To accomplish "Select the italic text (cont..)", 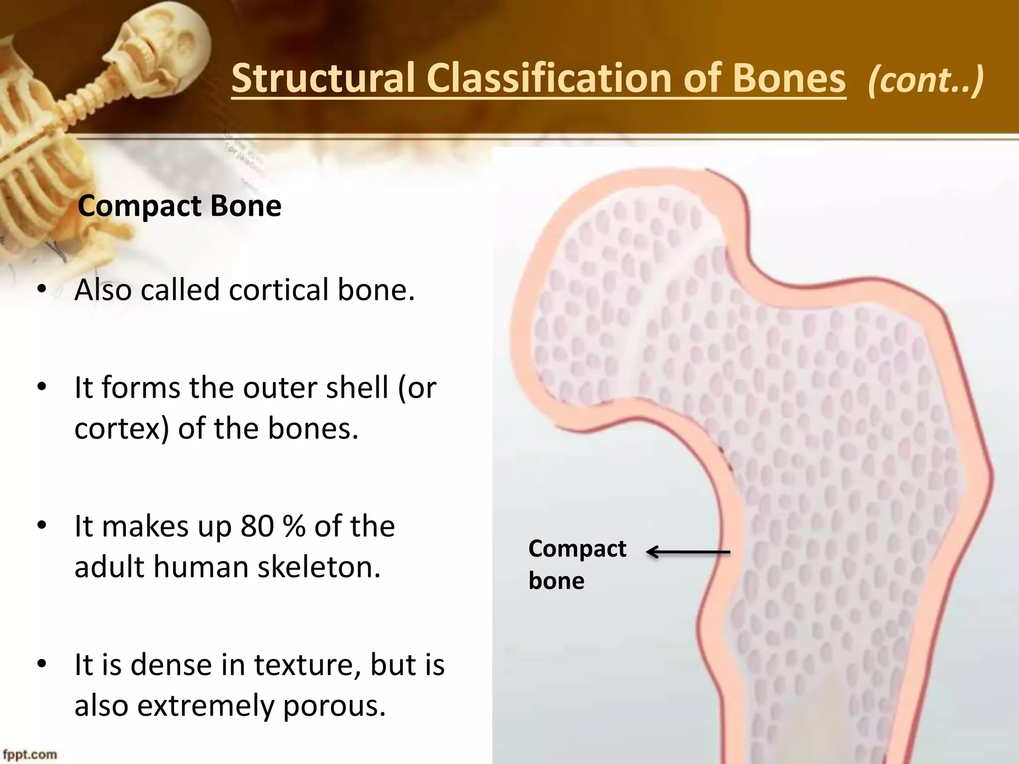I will pyautogui.click(x=925, y=80).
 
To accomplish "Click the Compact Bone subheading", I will pyautogui.click(x=180, y=205).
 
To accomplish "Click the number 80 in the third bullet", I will pyautogui.click(x=257, y=526).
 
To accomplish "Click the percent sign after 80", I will pyautogui.click(x=294, y=526).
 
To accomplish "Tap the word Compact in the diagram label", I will pyautogui.click(x=577, y=549).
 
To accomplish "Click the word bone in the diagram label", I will pyautogui.click(x=556, y=580).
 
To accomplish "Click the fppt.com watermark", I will pyautogui.click(x=30, y=755).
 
